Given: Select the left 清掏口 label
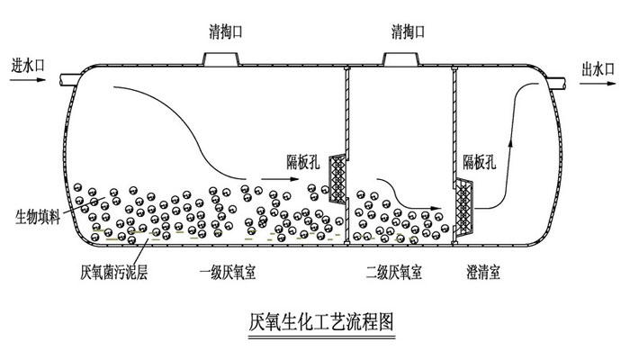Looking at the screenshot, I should [220, 33].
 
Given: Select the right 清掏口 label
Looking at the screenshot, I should [409, 33].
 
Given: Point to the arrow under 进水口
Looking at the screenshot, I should [28, 80].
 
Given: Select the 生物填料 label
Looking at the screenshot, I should [38, 218].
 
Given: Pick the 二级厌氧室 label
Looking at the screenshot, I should [394, 271].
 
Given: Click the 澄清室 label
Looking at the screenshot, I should [483, 271].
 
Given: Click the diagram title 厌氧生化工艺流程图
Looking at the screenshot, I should [320, 320].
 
